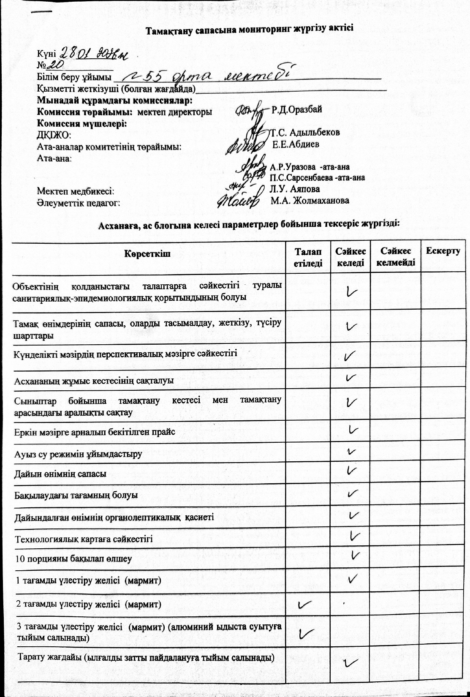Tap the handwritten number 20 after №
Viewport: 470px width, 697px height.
tap(57, 64)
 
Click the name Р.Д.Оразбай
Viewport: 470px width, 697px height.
tap(296, 109)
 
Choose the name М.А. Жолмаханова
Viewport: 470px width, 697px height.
tap(310, 200)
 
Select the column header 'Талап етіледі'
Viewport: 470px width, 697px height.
tap(308, 257)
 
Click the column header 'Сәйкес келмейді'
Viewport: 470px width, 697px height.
tap(396, 257)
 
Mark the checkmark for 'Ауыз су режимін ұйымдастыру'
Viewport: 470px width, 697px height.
tap(351, 452)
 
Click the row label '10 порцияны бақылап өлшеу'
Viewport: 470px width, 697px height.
tap(73, 559)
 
